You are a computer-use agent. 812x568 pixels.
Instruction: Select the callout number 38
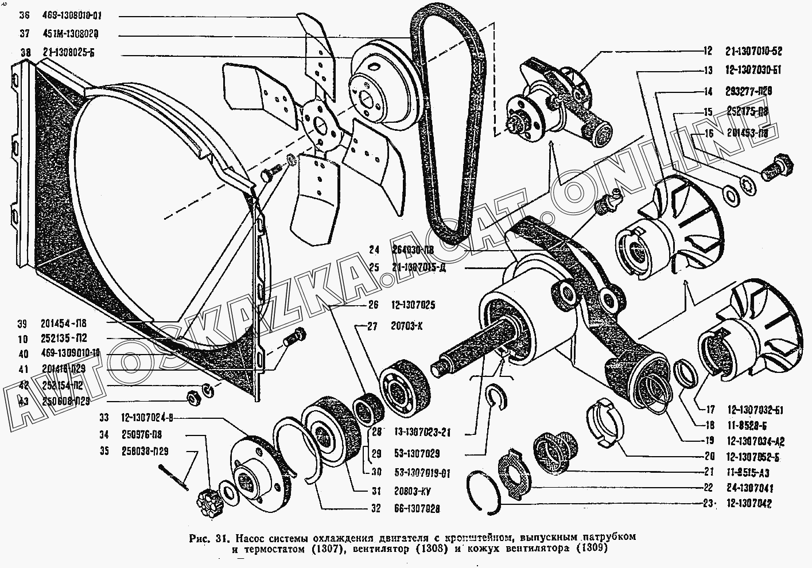25,53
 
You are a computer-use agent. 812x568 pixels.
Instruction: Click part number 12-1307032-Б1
753,410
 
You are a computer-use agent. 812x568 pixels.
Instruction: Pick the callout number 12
708,51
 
